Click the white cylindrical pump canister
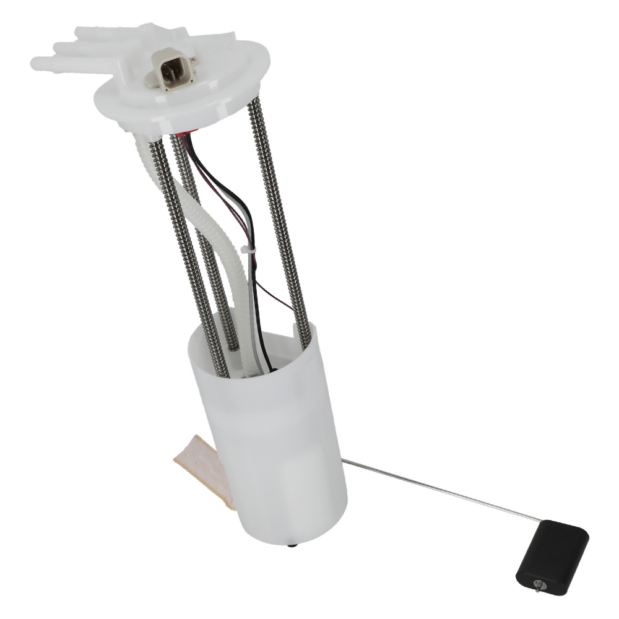pyautogui.click(x=272, y=446)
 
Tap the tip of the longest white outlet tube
pyautogui.click(x=36, y=62)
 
